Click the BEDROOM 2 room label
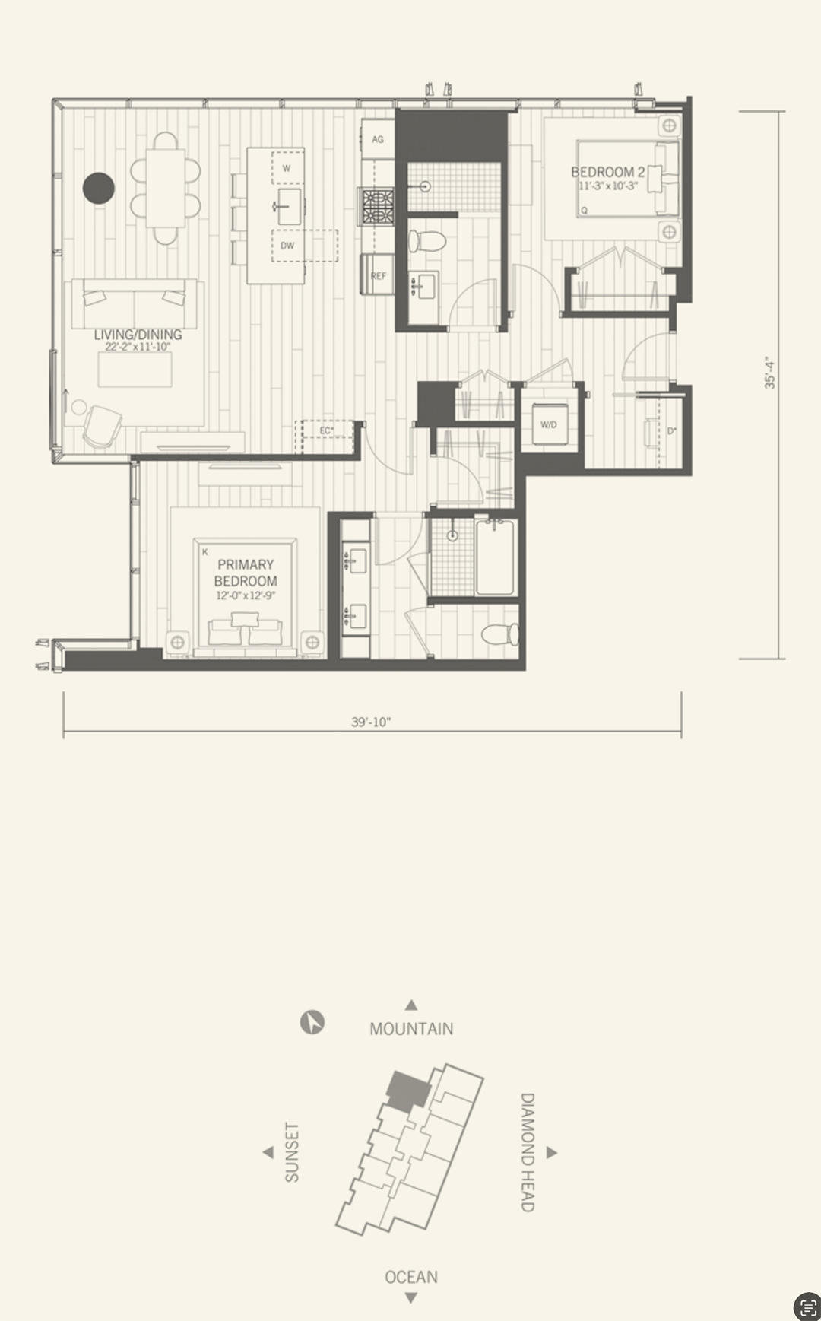[607, 172]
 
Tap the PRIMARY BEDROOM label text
[246, 573]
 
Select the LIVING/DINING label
[138, 335]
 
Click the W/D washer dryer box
[550, 424]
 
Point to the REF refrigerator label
[378, 276]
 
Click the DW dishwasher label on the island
[287, 246]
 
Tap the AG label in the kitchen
[378, 139]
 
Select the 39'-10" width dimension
[371, 722]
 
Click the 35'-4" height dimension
[770, 373]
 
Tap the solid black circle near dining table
[99, 188]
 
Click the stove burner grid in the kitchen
[377, 206]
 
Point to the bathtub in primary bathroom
[495, 557]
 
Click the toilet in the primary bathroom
[501, 634]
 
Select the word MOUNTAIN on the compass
[411, 1029]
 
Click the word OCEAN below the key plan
[411, 1277]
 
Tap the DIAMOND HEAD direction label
[528, 1152]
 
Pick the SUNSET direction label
[292, 1152]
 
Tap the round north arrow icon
[312, 1022]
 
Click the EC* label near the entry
[327, 430]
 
